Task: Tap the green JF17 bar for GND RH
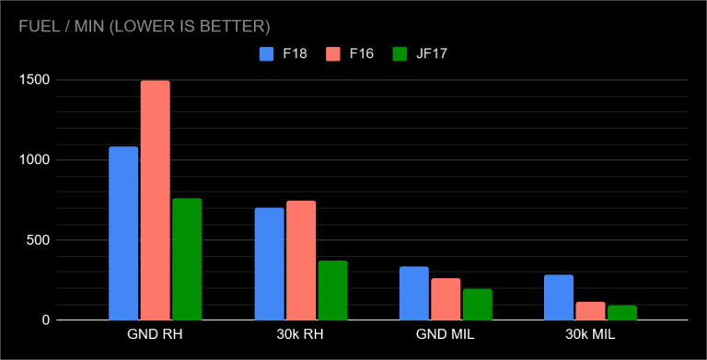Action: pyautogui.click(x=187, y=259)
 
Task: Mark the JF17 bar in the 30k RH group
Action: pyautogui.click(x=332, y=290)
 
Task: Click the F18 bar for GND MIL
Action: pyautogui.click(x=414, y=293)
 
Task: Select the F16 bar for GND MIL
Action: pyautogui.click(x=446, y=298)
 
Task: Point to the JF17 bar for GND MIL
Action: pyautogui.click(x=478, y=304)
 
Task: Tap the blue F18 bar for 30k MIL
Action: pyautogui.click(x=559, y=296)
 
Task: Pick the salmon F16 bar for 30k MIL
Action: pyautogui.click(x=590, y=310)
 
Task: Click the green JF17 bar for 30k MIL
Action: pyautogui.click(x=622, y=312)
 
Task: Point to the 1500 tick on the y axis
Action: pyautogui.click(x=38, y=80)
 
